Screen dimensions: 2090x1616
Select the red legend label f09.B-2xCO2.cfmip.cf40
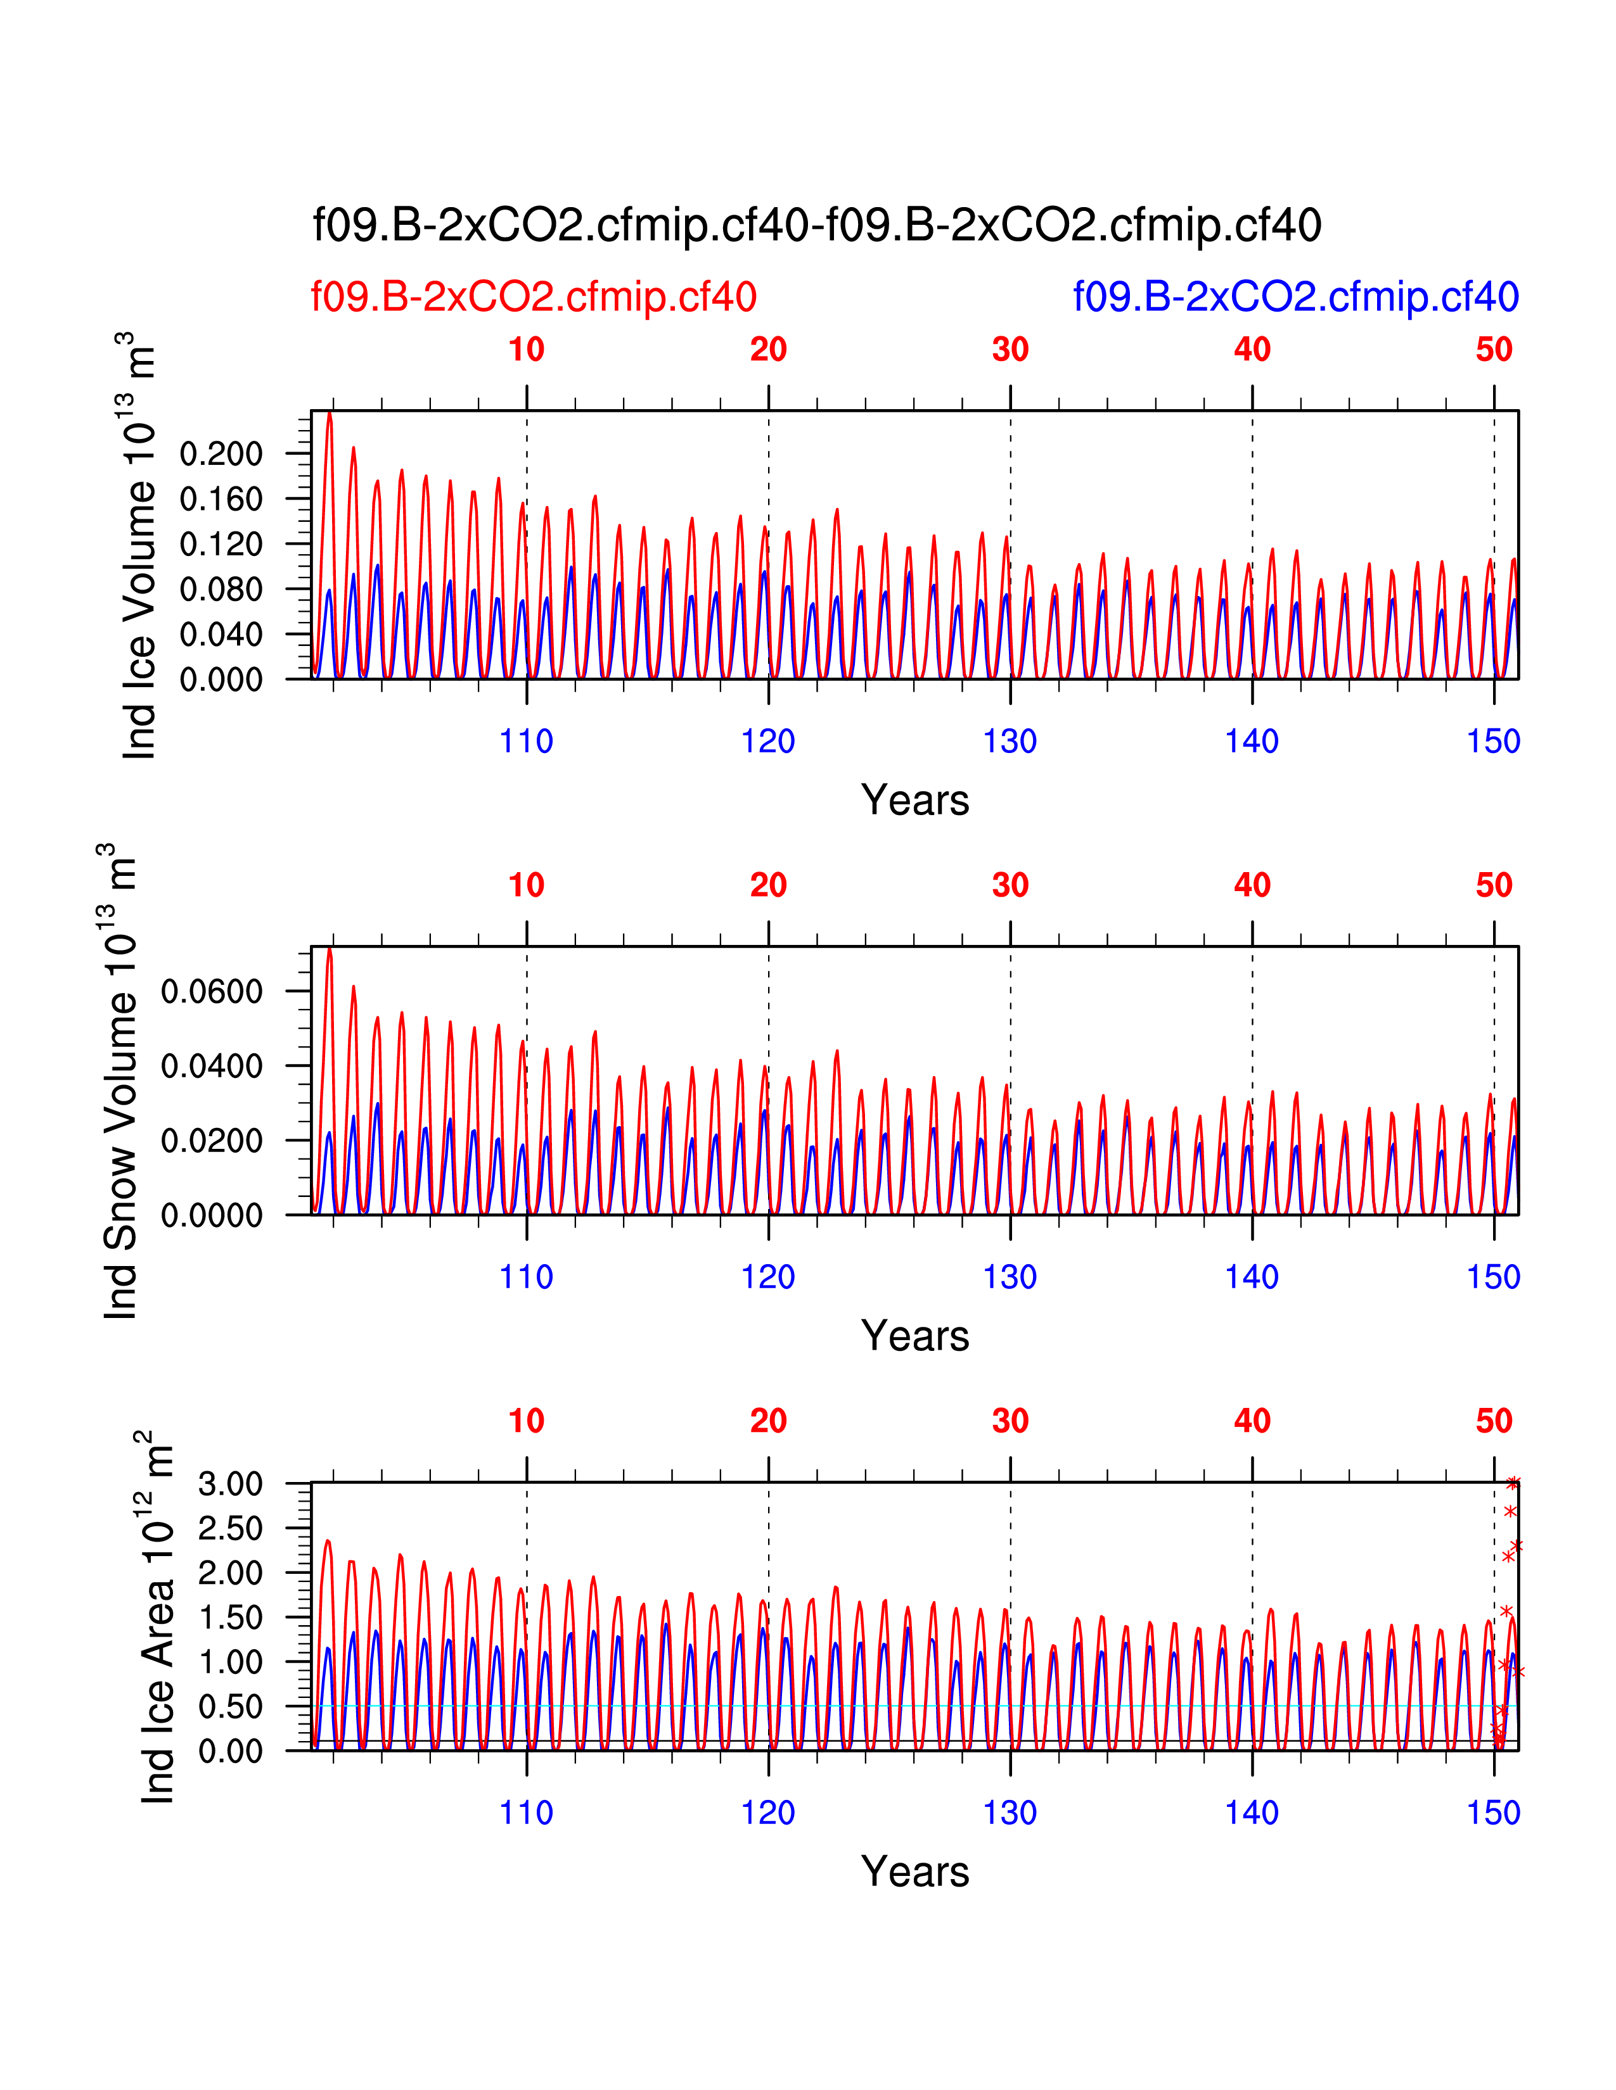(x=533, y=296)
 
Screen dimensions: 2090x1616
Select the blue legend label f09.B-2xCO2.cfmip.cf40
(x=1295, y=296)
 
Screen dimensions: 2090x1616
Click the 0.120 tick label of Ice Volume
(x=221, y=545)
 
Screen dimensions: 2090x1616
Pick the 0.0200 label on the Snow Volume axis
(x=212, y=1141)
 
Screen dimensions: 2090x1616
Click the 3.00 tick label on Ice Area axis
(x=230, y=1485)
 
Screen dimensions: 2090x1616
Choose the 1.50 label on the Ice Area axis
(x=230, y=1618)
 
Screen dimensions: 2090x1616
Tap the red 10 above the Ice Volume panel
(x=527, y=350)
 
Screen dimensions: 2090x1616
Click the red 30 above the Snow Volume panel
(x=1010, y=885)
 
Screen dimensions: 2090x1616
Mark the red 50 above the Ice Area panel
(x=1494, y=1421)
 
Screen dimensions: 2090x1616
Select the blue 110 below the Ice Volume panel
(x=527, y=742)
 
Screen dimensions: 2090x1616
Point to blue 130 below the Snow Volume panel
(x=1010, y=1277)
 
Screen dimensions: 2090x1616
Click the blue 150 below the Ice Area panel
(x=1494, y=1813)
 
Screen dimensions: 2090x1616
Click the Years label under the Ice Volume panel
(x=914, y=800)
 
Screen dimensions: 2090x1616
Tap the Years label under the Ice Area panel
(x=914, y=1871)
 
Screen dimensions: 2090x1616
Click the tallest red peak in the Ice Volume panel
(x=330, y=414)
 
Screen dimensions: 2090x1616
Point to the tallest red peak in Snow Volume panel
(x=330, y=950)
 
